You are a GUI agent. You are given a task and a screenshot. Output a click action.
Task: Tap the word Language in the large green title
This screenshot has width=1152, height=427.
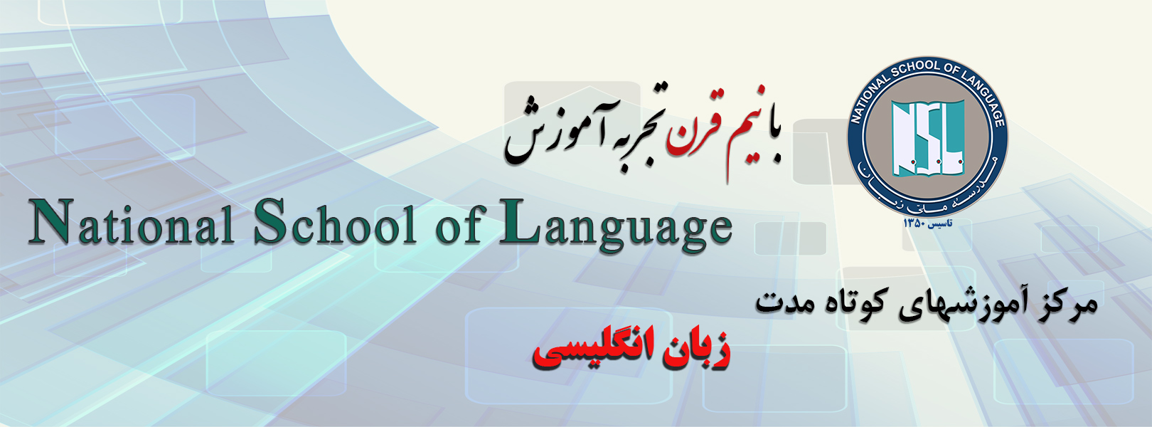(616, 226)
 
